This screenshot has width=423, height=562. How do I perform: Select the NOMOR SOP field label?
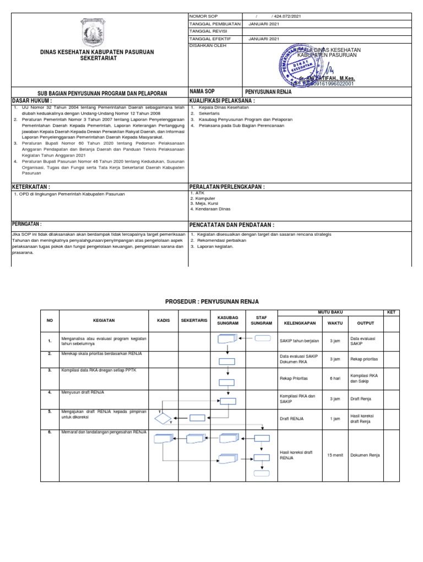[204, 17]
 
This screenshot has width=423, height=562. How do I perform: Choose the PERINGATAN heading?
[27, 224]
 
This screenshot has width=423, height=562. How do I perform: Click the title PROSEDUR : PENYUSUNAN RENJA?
[212, 301]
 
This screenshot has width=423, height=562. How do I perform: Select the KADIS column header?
[164, 320]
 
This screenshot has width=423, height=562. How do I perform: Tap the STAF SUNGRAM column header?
[262, 320]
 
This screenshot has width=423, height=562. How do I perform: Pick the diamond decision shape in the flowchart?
[163, 419]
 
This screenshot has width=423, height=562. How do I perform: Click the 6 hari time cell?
[334, 379]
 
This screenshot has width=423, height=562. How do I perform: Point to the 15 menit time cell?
[334, 455]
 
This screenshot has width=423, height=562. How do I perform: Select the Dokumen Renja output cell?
[365, 455]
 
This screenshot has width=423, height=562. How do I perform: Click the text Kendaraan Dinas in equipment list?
[211, 209]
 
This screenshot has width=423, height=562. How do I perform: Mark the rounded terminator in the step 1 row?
[263, 338]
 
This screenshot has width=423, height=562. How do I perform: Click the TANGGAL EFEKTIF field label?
[210, 39]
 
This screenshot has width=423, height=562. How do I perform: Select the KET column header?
[391, 312]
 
